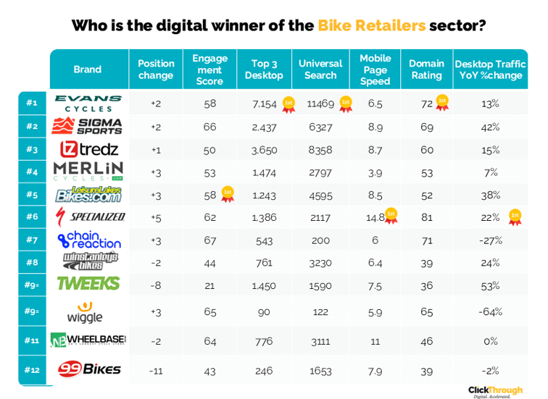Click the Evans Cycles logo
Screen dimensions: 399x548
click(x=88, y=103)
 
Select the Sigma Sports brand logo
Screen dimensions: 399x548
click(x=88, y=127)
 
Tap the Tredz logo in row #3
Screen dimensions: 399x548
click(x=88, y=150)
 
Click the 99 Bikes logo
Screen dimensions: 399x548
click(x=88, y=370)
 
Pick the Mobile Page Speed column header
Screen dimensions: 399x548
click(x=375, y=70)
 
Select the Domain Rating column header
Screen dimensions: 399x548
click(x=426, y=70)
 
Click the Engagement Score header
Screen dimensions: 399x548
click(x=210, y=70)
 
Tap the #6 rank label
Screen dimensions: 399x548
click(x=32, y=217)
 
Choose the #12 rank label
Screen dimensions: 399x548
click(x=32, y=370)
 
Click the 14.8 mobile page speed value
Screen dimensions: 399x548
click(x=375, y=217)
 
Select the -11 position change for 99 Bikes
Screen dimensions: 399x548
click(x=156, y=370)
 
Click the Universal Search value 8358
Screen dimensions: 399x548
click(x=320, y=150)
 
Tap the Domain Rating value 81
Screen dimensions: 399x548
click(x=427, y=217)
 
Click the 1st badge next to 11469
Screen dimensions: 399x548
click(x=346, y=104)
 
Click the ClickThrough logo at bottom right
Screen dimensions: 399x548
click(x=495, y=390)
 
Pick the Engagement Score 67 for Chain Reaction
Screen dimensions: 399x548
click(x=210, y=240)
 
